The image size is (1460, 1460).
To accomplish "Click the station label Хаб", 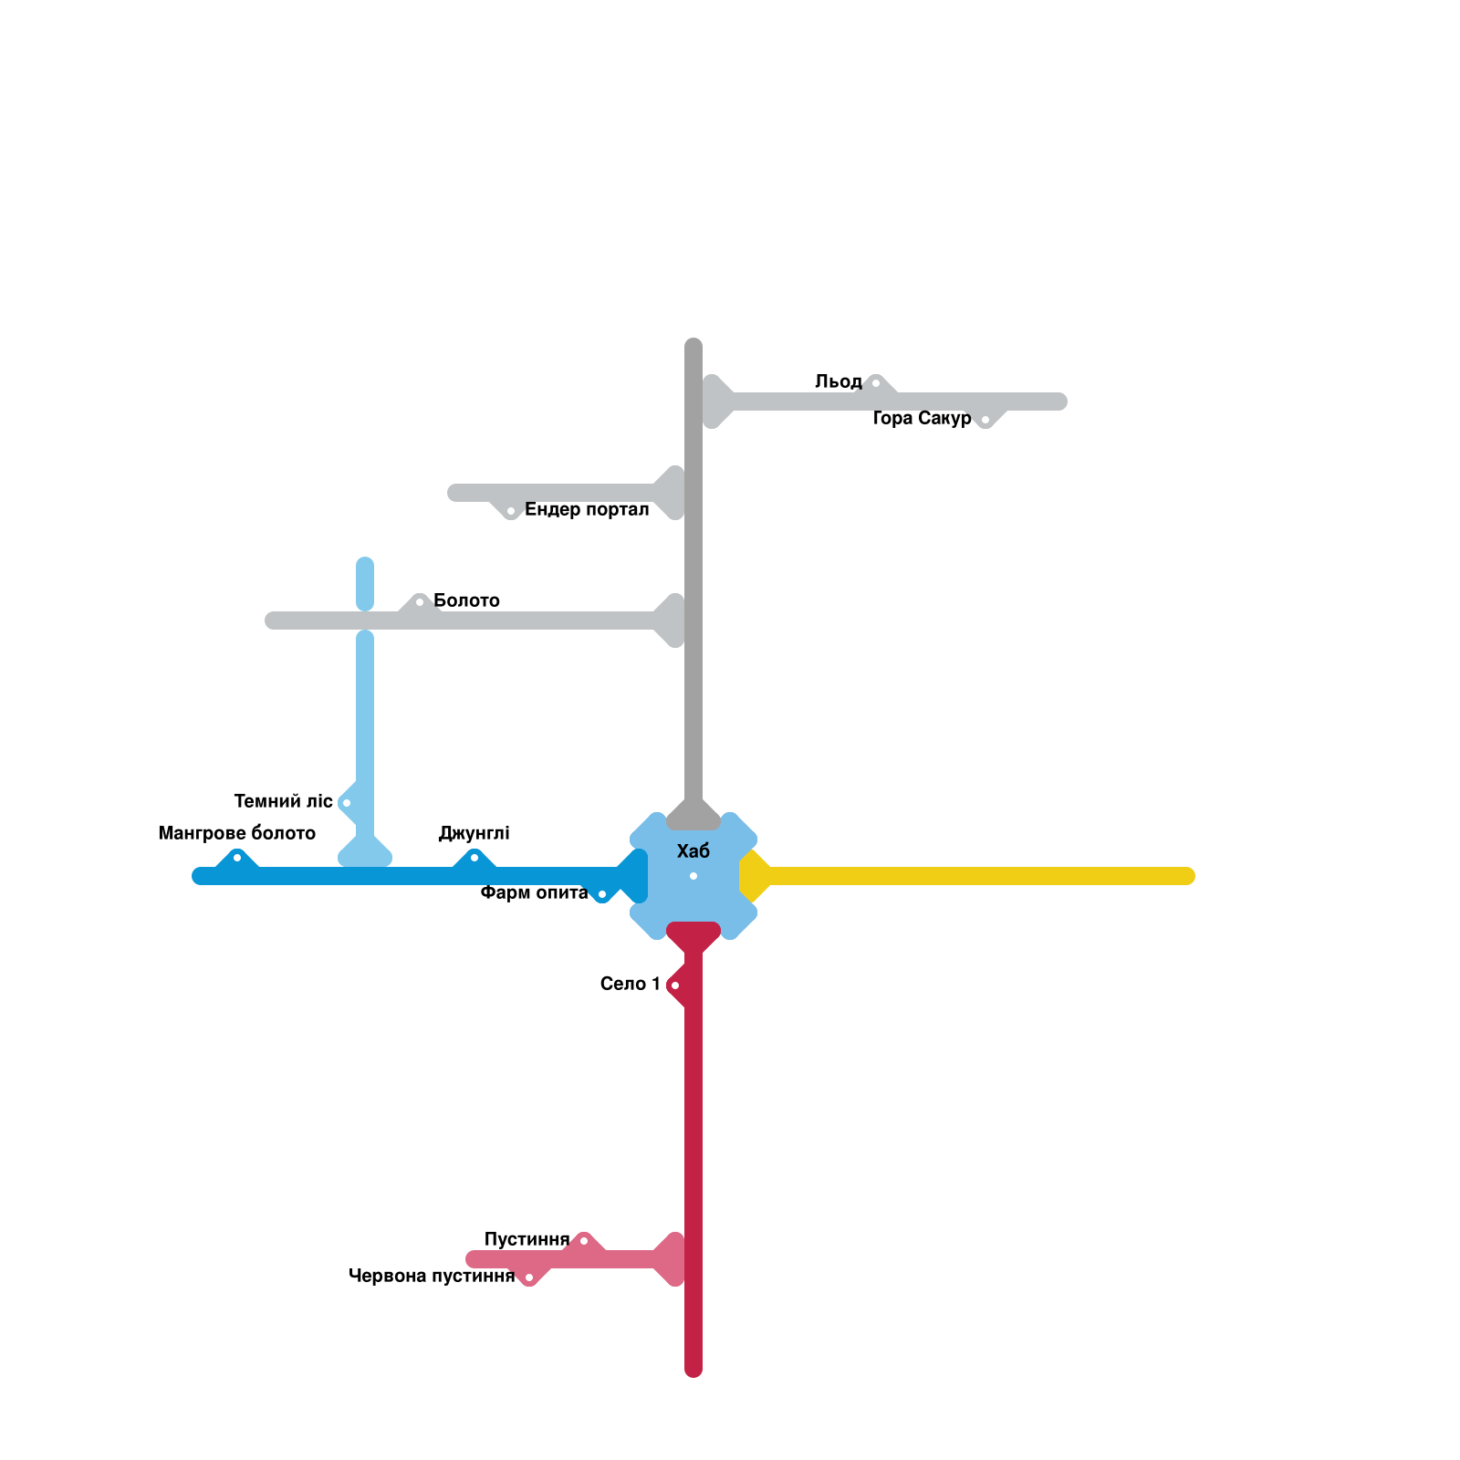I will coord(693,851).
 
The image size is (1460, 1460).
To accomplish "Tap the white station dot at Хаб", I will coord(693,876).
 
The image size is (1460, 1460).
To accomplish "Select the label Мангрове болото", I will coord(236,833).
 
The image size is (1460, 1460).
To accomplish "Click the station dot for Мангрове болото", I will coord(237,858).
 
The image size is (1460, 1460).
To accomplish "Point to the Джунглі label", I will coord(474,833).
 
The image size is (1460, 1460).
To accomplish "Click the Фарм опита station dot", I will coord(602,894).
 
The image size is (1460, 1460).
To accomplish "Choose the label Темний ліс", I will coord(283,801).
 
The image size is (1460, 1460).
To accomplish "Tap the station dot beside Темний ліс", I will coord(347,803).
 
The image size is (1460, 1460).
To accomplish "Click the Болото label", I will coord(466,600).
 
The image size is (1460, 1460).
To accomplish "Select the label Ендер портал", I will coord(587,509).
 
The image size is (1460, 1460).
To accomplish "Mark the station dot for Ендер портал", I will coord(511,511).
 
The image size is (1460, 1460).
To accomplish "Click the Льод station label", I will coord(838,381).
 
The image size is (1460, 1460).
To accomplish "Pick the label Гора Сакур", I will coord(922,418).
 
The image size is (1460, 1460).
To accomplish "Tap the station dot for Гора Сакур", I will coord(985,420).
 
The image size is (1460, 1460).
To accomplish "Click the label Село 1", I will coord(630,984).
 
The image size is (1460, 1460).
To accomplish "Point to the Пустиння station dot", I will coord(584,1241).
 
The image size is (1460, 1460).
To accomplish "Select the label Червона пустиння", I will coord(432,1276).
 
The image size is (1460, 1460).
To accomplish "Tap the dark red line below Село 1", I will coord(693,1113).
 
